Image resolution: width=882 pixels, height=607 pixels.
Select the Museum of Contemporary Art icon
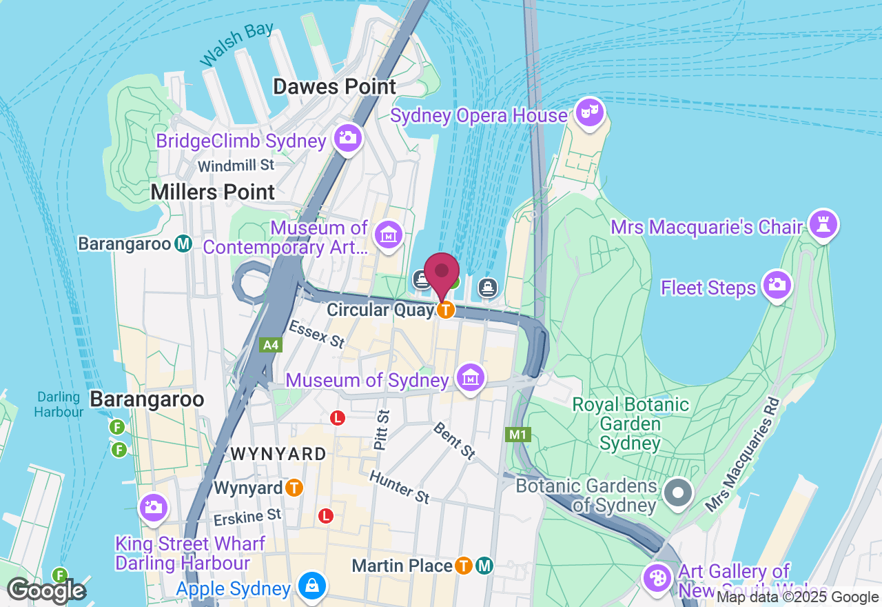click(x=388, y=235)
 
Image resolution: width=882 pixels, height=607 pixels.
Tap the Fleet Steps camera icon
click(x=777, y=285)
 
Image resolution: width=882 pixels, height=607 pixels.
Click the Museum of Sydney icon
click(x=471, y=378)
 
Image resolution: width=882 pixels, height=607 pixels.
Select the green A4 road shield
click(x=271, y=345)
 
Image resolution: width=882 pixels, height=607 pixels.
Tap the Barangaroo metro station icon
click(x=183, y=243)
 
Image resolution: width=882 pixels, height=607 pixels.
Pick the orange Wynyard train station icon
click(x=294, y=488)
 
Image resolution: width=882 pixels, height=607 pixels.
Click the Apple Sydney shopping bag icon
click(x=311, y=586)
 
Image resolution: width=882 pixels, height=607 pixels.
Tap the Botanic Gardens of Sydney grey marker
click(x=679, y=492)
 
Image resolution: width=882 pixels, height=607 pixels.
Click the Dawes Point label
click(x=335, y=87)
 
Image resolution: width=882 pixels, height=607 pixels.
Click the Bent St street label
click(x=454, y=440)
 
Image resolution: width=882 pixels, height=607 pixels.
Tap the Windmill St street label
click(x=236, y=166)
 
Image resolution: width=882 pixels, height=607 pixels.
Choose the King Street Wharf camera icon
click(x=153, y=508)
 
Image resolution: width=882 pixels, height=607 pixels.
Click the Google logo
click(x=46, y=591)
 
